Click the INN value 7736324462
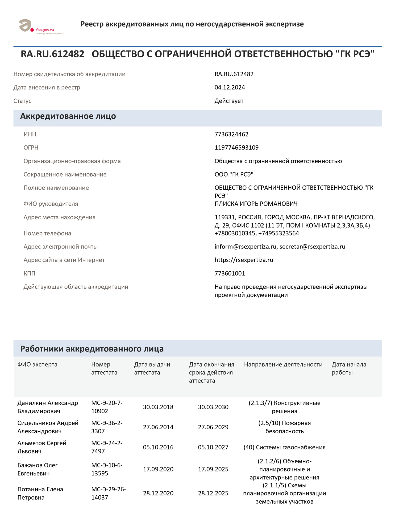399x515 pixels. (231, 134)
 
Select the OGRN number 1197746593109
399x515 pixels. (236, 148)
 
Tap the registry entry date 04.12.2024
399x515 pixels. (230, 88)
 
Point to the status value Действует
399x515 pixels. (229, 101)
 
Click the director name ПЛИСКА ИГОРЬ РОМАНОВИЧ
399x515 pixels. (256, 204)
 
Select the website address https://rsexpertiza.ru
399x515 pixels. (244, 260)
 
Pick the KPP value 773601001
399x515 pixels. (230, 273)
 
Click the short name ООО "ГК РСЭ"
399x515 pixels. (234, 174)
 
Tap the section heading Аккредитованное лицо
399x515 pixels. (68, 116)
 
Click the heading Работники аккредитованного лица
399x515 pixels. (92, 349)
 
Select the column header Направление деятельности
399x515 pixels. (283, 364)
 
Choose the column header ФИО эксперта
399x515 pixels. (37, 364)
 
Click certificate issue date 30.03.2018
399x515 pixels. (158, 407)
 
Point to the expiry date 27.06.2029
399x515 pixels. (213, 427)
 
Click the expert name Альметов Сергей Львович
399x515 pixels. (42, 447)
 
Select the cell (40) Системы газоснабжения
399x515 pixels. (284, 447)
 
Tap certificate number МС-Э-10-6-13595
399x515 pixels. (107, 469)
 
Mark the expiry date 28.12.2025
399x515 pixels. (213, 493)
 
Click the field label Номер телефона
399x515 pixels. (47, 233)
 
